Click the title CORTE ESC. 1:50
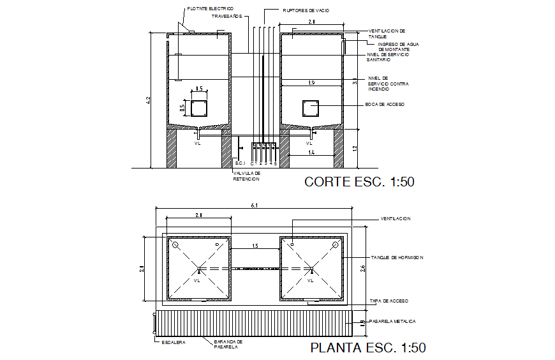tap(360, 182)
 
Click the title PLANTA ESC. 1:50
tap(367, 348)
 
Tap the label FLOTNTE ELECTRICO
tap(206, 9)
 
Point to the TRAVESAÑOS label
tap(227, 17)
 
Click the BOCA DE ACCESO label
tap(385, 104)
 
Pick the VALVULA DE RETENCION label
tap(247, 176)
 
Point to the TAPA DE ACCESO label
tap(389, 301)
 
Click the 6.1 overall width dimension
tap(255, 206)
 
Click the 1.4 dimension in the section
tap(311, 153)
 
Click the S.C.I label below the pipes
tap(240, 164)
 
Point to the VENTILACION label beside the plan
tap(396, 218)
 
